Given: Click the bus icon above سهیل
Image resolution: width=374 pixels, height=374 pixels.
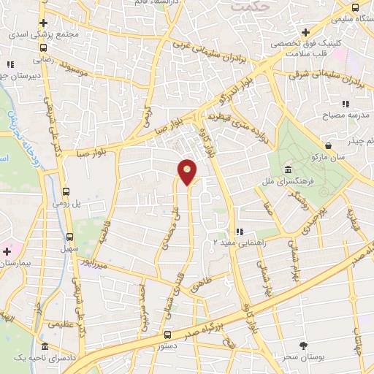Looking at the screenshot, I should coord(70,237).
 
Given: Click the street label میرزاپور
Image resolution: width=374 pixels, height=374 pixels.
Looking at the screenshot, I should coord(97,262).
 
